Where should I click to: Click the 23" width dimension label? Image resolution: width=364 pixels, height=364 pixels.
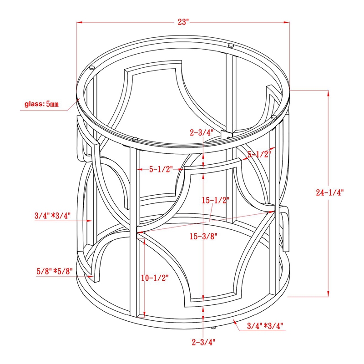pos(183,22)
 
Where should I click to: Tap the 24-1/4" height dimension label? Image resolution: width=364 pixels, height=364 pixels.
pos(329,192)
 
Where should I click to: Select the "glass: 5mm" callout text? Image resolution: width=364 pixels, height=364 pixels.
pos(41,104)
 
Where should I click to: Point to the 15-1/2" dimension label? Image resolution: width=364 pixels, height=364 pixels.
pos(216,200)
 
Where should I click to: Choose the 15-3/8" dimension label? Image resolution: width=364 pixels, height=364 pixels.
pos(203,236)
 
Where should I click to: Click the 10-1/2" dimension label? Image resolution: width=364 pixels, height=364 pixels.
pos(155,278)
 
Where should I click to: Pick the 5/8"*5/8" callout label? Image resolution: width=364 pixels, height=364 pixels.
pos(55,271)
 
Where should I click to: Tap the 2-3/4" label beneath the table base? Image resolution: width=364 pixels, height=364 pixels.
pos(203,342)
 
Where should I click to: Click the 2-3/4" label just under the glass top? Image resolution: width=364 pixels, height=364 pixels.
pos(202,132)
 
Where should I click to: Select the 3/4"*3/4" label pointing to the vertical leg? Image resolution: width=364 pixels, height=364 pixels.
pos(52,216)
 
